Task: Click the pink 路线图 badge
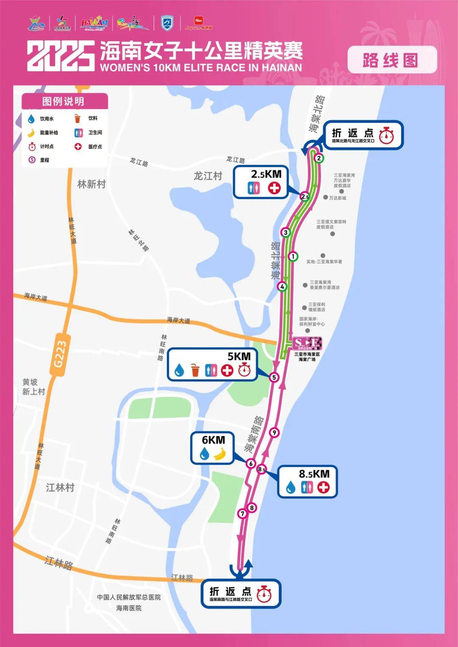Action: click(x=392, y=60)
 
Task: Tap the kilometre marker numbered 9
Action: click(x=275, y=433)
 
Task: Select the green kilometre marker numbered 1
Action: click(x=293, y=256)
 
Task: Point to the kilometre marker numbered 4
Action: click(x=282, y=287)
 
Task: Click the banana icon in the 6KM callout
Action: click(x=220, y=454)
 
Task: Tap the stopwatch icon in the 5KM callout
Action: click(x=244, y=370)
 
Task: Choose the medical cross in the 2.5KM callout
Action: click(x=274, y=188)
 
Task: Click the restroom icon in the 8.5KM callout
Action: click(x=307, y=487)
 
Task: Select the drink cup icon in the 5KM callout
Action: click(x=195, y=370)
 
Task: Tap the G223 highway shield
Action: click(x=59, y=355)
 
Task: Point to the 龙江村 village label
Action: click(x=208, y=176)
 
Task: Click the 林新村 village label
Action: click(x=92, y=184)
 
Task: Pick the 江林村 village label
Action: click(x=60, y=488)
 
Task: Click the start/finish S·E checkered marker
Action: click(x=307, y=343)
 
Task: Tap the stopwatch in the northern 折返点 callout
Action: click(x=386, y=136)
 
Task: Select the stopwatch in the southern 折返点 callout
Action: click(x=264, y=594)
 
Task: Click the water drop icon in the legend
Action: click(x=31, y=119)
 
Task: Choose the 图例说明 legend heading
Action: click(x=63, y=101)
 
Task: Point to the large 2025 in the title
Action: click(x=61, y=56)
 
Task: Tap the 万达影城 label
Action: click(x=338, y=198)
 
